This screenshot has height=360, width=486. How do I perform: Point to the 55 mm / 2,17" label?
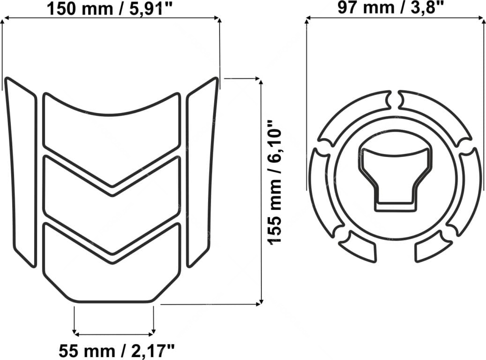117,351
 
